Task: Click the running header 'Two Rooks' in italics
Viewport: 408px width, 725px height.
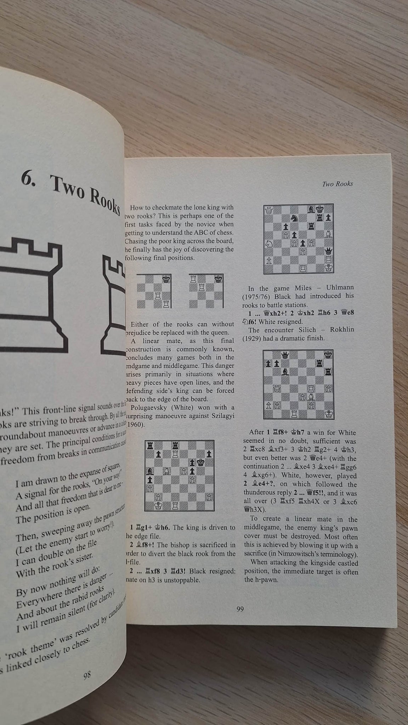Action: pos(338,183)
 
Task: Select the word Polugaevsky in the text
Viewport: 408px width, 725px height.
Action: pos(149,408)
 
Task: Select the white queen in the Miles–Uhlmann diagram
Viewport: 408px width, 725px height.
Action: pos(268,209)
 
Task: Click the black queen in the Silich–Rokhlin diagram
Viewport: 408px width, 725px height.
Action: pos(284,354)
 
